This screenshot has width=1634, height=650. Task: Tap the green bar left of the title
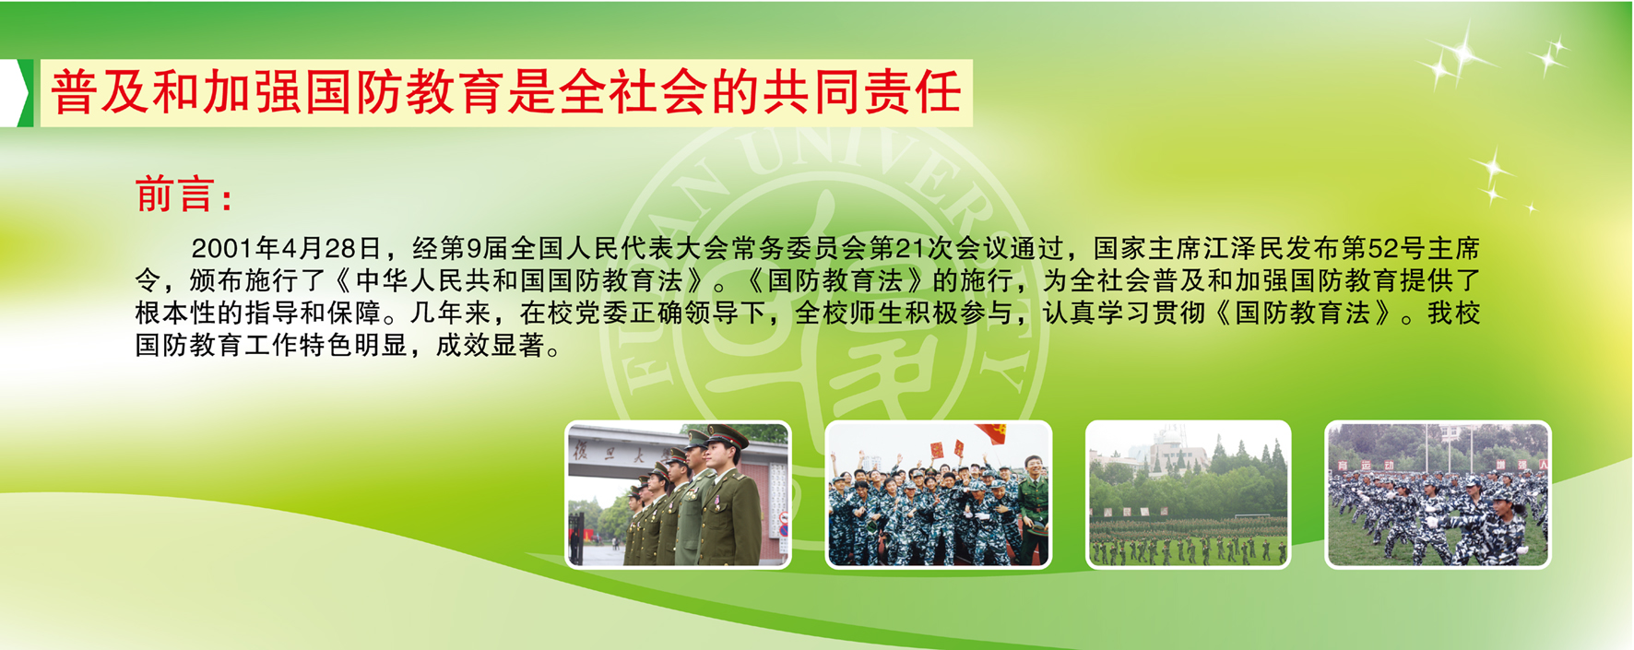(x=26, y=92)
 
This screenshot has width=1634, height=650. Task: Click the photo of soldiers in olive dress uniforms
(x=678, y=494)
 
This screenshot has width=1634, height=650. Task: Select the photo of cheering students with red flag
(x=938, y=494)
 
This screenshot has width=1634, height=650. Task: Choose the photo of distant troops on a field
(x=1189, y=494)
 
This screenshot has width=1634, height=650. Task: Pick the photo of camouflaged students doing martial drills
(x=1438, y=494)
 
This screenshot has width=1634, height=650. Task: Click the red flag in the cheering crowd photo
(x=992, y=432)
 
